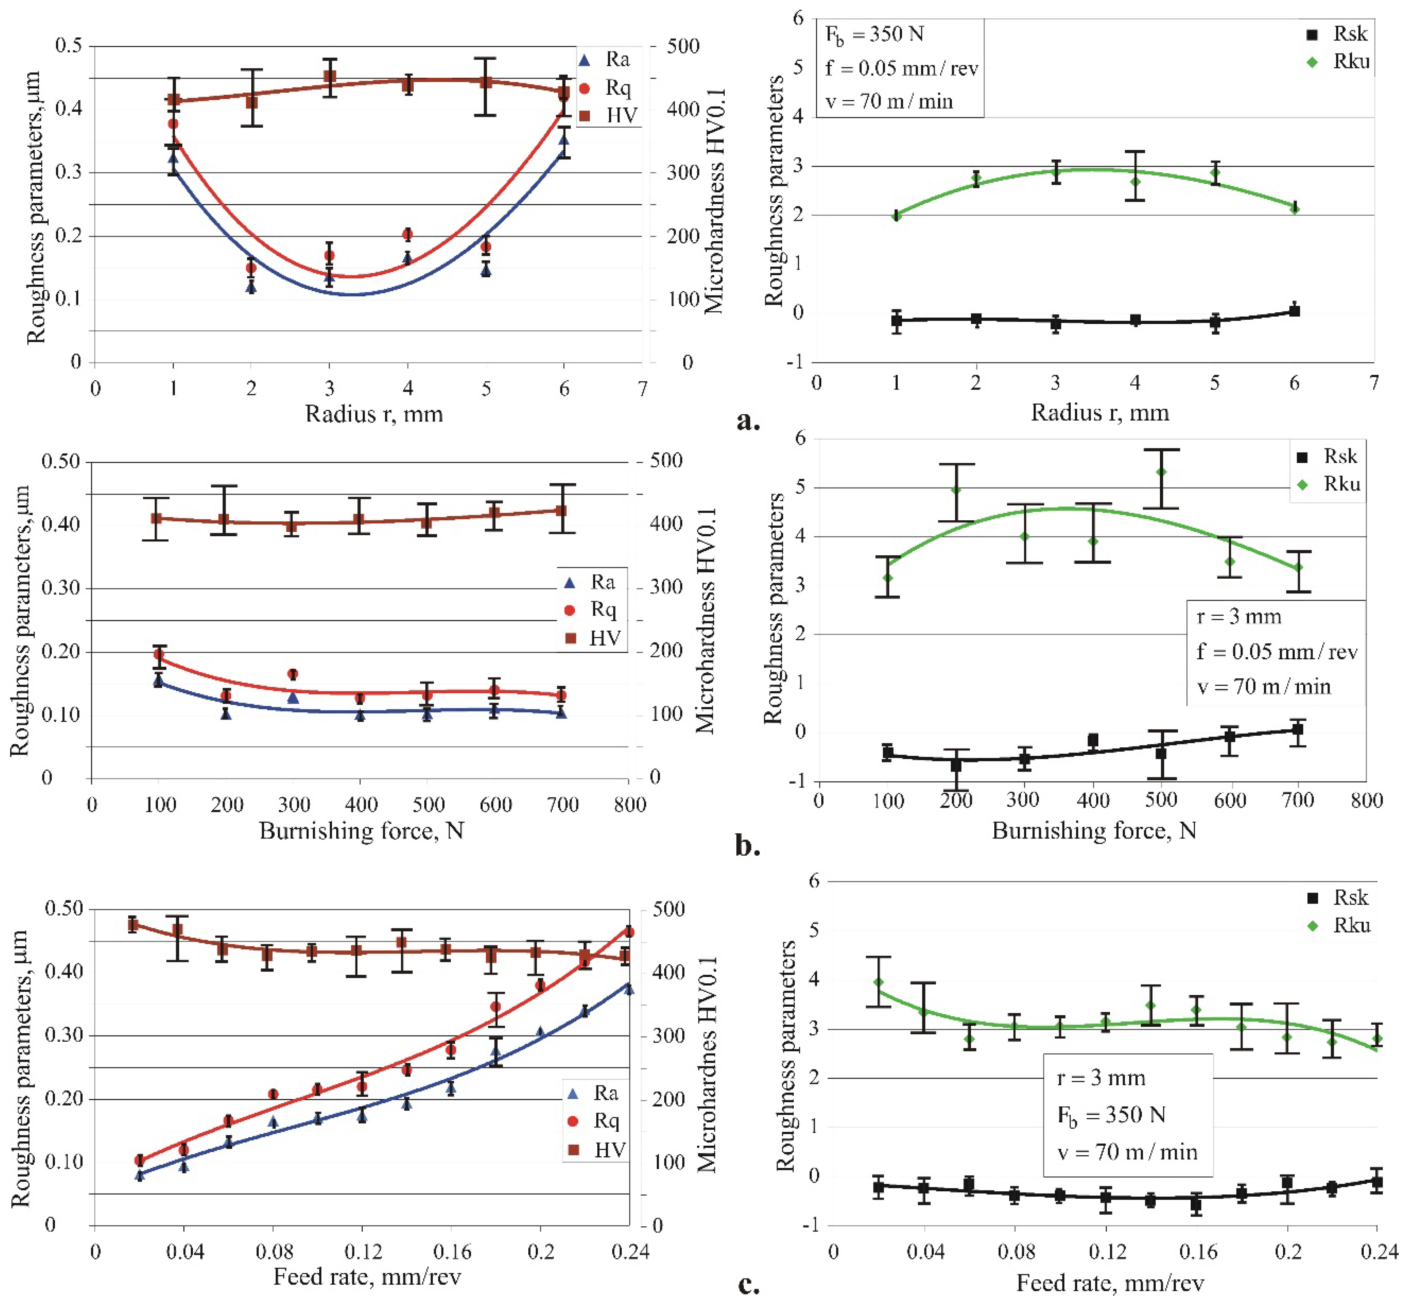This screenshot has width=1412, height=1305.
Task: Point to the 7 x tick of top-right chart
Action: [x=1373, y=383]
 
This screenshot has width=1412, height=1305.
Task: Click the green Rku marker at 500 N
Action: [x=1161, y=472]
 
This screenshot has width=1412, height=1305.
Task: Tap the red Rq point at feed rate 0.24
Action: [x=628, y=933]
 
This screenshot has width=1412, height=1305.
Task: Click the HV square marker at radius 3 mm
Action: [x=329, y=76]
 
